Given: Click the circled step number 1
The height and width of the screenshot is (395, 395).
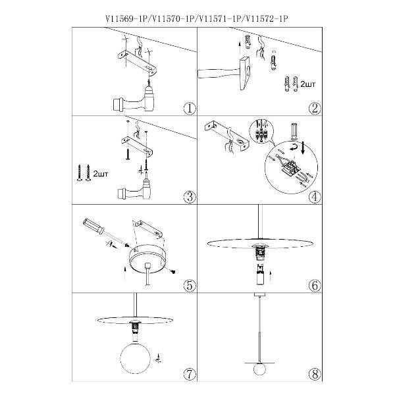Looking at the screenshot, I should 189,108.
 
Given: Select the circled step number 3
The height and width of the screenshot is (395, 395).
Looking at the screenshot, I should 189,196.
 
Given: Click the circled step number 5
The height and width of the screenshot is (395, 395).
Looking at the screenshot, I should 189,285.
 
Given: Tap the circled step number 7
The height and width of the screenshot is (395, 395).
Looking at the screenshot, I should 189,374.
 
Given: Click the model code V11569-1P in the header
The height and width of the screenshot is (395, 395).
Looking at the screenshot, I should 126,20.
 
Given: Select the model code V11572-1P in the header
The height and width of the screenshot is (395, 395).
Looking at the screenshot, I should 266,20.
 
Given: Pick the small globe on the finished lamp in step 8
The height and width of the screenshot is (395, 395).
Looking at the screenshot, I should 258,367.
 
